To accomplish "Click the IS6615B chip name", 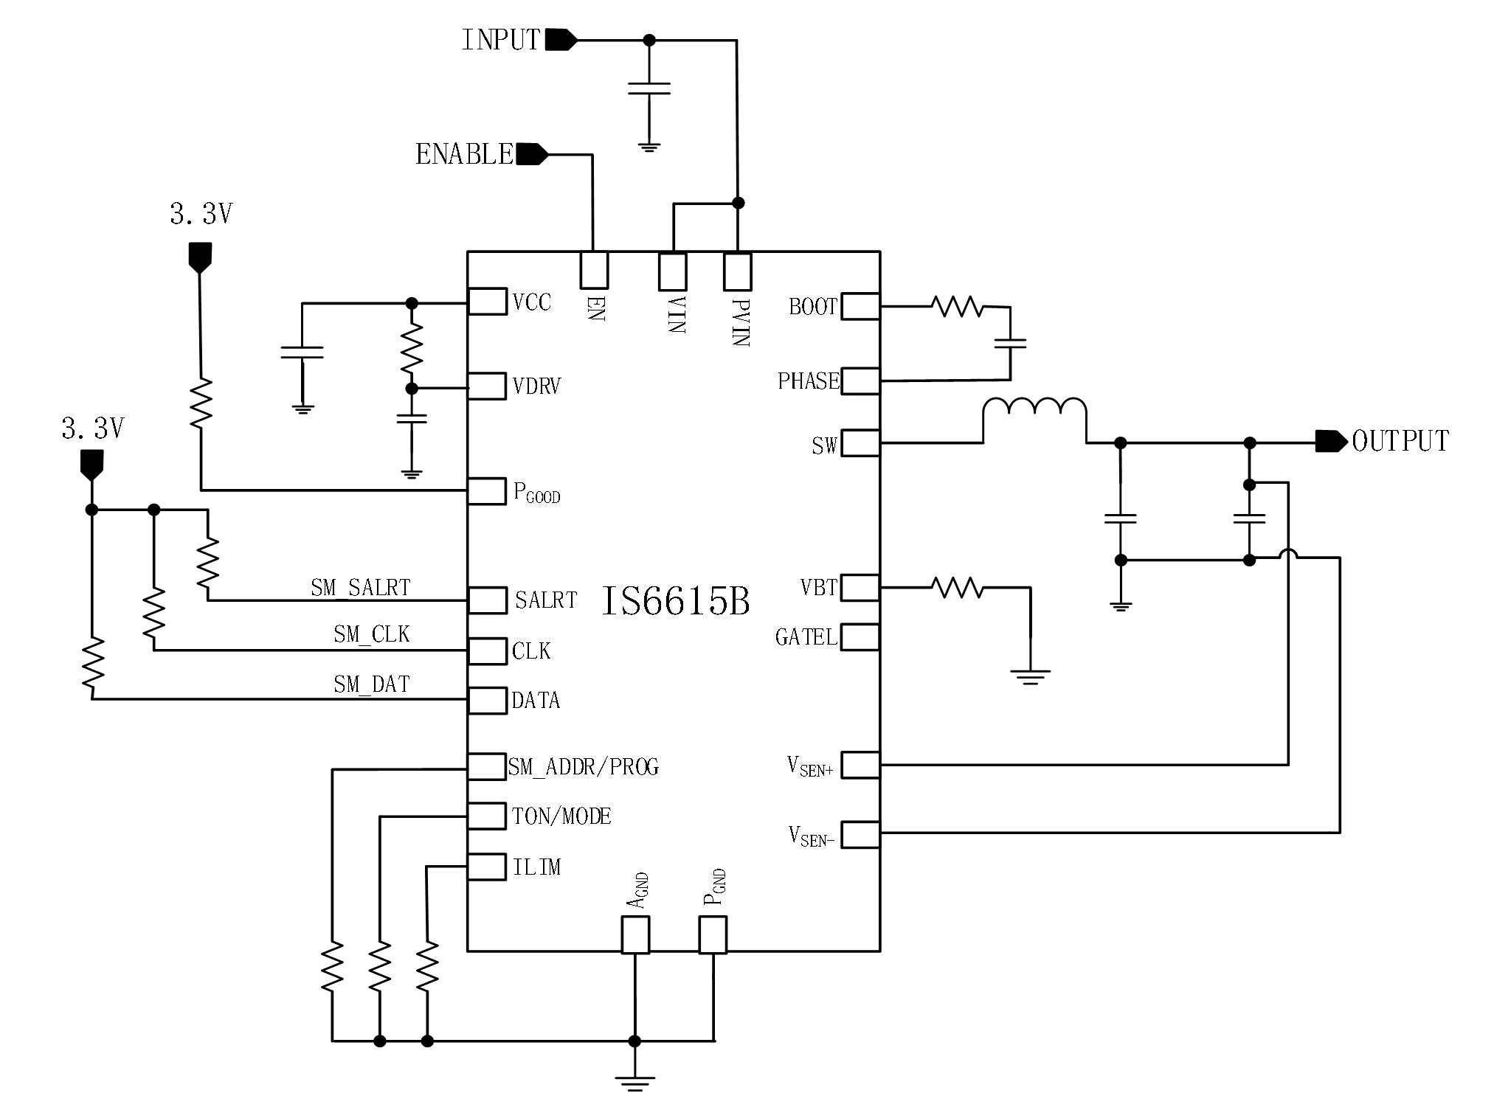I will tap(675, 600).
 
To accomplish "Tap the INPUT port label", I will tap(501, 40).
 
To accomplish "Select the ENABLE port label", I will tap(464, 154).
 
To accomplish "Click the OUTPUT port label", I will tap(1400, 441).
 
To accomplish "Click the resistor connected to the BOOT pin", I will tap(957, 306).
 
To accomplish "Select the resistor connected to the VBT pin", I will tap(957, 588).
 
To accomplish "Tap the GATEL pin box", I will tap(860, 637).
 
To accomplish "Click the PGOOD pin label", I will tap(536, 493).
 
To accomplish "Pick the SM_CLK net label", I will tap(371, 634).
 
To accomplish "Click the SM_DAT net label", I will tap(371, 684).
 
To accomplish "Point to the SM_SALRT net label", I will tap(360, 588).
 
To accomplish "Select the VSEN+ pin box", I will tap(860, 765).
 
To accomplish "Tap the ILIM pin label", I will tap(536, 867).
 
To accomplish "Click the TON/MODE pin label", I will tap(561, 816).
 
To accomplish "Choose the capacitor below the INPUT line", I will tap(649, 89).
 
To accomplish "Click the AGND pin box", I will tap(635, 934).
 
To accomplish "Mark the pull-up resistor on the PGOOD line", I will tap(201, 403).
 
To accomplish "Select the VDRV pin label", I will tap(536, 386).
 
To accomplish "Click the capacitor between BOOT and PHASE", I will tap(1010, 344).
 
